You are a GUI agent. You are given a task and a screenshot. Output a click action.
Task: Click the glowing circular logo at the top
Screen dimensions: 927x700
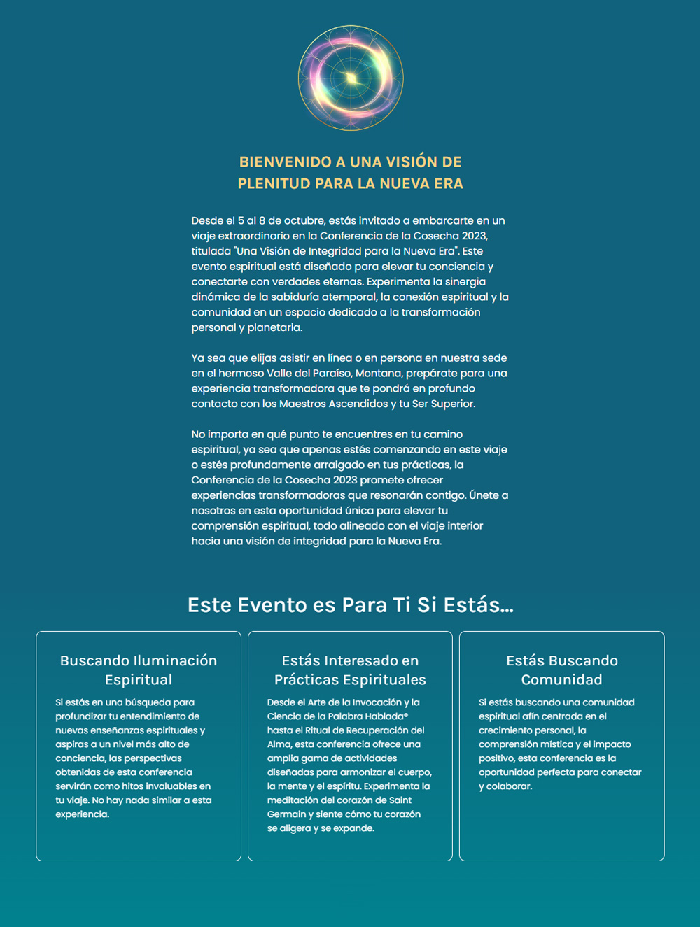tap(351, 78)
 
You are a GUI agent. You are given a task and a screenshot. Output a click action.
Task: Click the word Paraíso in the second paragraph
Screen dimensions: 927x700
tap(332, 373)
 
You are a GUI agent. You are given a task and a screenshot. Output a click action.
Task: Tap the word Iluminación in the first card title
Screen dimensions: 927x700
tap(175, 660)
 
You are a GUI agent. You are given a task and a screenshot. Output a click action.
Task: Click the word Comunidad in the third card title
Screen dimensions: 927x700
tap(561, 679)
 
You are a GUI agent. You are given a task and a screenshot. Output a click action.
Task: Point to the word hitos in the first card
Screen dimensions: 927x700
tap(135, 786)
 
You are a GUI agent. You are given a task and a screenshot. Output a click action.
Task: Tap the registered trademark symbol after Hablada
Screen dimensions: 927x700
tap(406, 715)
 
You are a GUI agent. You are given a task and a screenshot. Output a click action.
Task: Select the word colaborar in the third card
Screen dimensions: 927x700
tap(509, 786)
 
